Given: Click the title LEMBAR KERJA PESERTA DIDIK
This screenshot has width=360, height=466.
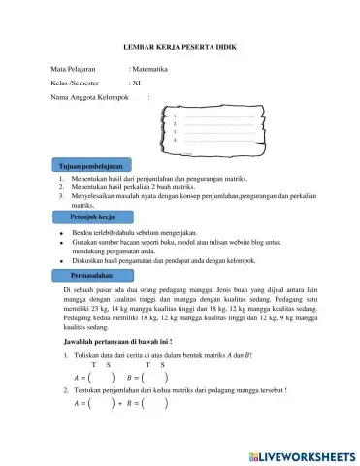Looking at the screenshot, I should point(180,46).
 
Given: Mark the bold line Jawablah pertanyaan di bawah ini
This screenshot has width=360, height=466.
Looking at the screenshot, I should point(117,342).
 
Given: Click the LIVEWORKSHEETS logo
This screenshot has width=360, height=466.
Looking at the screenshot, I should point(303,454).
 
